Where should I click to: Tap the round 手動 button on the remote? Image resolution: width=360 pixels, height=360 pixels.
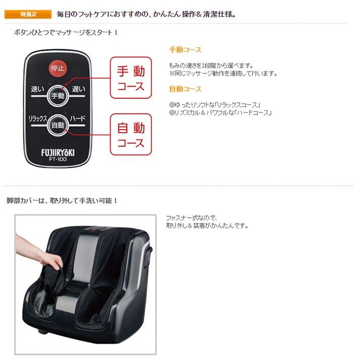pyautogui.click(x=57, y=95)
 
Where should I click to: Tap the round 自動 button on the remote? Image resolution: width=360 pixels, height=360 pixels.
pyautogui.click(x=57, y=125)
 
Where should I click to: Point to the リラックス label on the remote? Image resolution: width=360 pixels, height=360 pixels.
pyautogui.click(x=38, y=118)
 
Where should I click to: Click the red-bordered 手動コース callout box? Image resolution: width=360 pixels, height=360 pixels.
pyautogui.click(x=131, y=78)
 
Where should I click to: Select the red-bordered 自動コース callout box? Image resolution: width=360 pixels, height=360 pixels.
pyautogui.click(x=131, y=134)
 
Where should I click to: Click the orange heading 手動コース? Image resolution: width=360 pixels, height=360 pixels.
pyautogui.click(x=185, y=50)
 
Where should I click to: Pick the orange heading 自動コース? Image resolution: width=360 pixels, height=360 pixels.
pyautogui.click(x=185, y=89)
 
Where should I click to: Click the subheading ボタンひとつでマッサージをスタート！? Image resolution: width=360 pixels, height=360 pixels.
pyautogui.click(x=67, y=32)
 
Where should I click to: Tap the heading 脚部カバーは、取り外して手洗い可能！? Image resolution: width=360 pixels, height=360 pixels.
pyautogui.click(x=62, y=201)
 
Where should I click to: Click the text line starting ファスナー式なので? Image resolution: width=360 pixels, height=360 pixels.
pyautogui.click(x=192, y=218)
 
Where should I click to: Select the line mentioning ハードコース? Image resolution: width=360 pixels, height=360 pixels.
pyautogui.click(x=221, y=112)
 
